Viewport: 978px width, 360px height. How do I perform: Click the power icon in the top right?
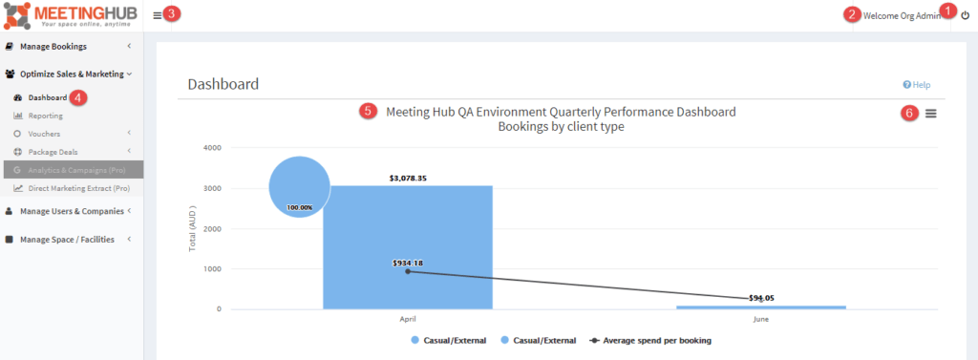point(965,15)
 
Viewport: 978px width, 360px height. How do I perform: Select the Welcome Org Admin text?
point(902,16)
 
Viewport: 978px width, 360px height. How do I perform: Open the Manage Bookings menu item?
point(53,46)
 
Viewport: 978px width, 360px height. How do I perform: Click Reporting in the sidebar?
point(46,116)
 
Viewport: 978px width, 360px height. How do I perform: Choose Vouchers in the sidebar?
point(44,134)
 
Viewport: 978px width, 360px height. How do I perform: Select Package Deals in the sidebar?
point(53,152)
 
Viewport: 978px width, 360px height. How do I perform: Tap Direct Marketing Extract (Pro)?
point(79,188)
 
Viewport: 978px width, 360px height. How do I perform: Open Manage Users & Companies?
point(72,211)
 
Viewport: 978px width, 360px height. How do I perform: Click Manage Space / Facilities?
point(67,239)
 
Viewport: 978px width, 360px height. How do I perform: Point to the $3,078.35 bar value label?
point(409,179)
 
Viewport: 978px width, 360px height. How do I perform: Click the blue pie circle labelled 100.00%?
point(299,186)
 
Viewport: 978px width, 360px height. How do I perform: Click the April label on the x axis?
point(408,319)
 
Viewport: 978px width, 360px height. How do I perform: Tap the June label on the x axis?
point(760,319)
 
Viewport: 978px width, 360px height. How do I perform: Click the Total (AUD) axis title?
point(193,229)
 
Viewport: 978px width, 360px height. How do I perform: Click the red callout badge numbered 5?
point(368,111)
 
